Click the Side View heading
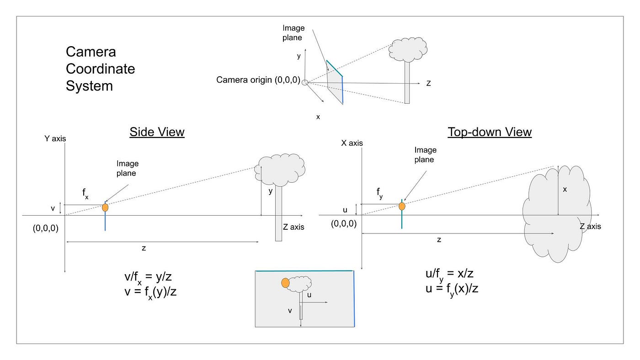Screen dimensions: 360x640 pyautogui.click(x=157, y=132)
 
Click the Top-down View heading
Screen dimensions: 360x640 pyautogui.click(x=490, y=132)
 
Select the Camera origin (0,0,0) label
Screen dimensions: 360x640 pyautogui.click(x=258, y=80)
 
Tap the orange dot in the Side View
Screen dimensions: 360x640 pyautogui.click(x=105, y=207)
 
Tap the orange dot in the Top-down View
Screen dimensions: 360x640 pyautogui.click(x=402, y=206)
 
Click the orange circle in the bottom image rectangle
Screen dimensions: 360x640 pyautogui.click(x=286, y=283)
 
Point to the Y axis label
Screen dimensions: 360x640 pyautogui.click(x=55, y=138)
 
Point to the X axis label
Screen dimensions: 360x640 pyautogui.click(x=352, y=143)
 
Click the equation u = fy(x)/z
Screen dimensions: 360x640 pyautogui.click(x=452, y=289)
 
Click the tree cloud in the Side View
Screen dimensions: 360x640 pyautogui.click(x=280, y=167)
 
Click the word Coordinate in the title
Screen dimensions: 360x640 pyautogui.click(x=100, y=69)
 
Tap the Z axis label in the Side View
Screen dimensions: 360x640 pyautogui.click(x=293, y=227)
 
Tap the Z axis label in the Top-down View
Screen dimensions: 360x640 pyautogui.click(x=590, y=226)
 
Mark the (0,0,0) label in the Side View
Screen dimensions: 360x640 pyautogui.click(x=45, y=228)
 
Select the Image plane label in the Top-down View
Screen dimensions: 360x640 pyautogui.click(x=425, y=155)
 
